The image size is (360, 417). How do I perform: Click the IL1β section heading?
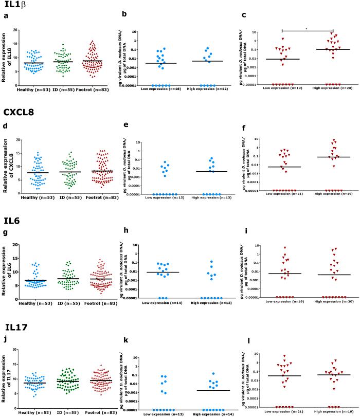[15, 6]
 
